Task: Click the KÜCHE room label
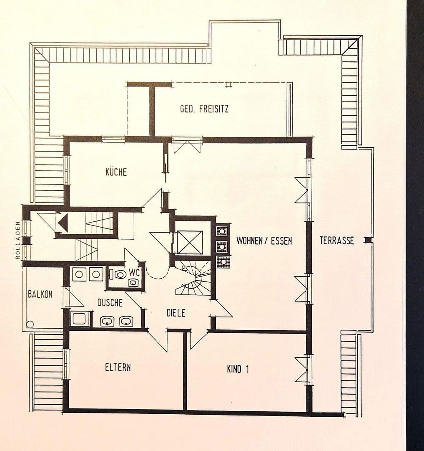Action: pyautogui.click(x=116, y=172)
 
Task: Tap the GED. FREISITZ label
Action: pyautogui.click(x=204, y=109)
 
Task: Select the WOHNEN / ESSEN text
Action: pyautogui.click(x=264, y=241)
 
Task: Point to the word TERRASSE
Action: pyautogui.click(x=336, y=241)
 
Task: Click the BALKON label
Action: pyautogui.click(x=40, y=294)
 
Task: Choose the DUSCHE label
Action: pyautogui.click(x=110, y=303)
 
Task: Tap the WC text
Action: pyautogui.click(x=134, y=272)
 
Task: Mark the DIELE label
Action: pyautogui.click(x=176, y=313)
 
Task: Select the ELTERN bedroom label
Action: pyautogui.click(x=118, y=367)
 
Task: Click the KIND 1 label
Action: pyautogui.click(x=238, y=369)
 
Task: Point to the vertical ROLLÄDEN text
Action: pyautogui.click(x=18, y=240)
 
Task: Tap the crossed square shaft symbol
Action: pyautogui.click(x=190, y=242)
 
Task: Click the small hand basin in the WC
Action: pyautogui.click(x=133, y=283)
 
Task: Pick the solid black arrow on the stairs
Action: pyautogui.click(x=63, y=223)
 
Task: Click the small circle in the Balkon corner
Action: pyautogui.click(x=29, y=324)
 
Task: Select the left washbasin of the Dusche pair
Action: pyautogui.click(x=108, y=321)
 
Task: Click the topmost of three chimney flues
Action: pyautogui.click(x=222, y=231)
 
